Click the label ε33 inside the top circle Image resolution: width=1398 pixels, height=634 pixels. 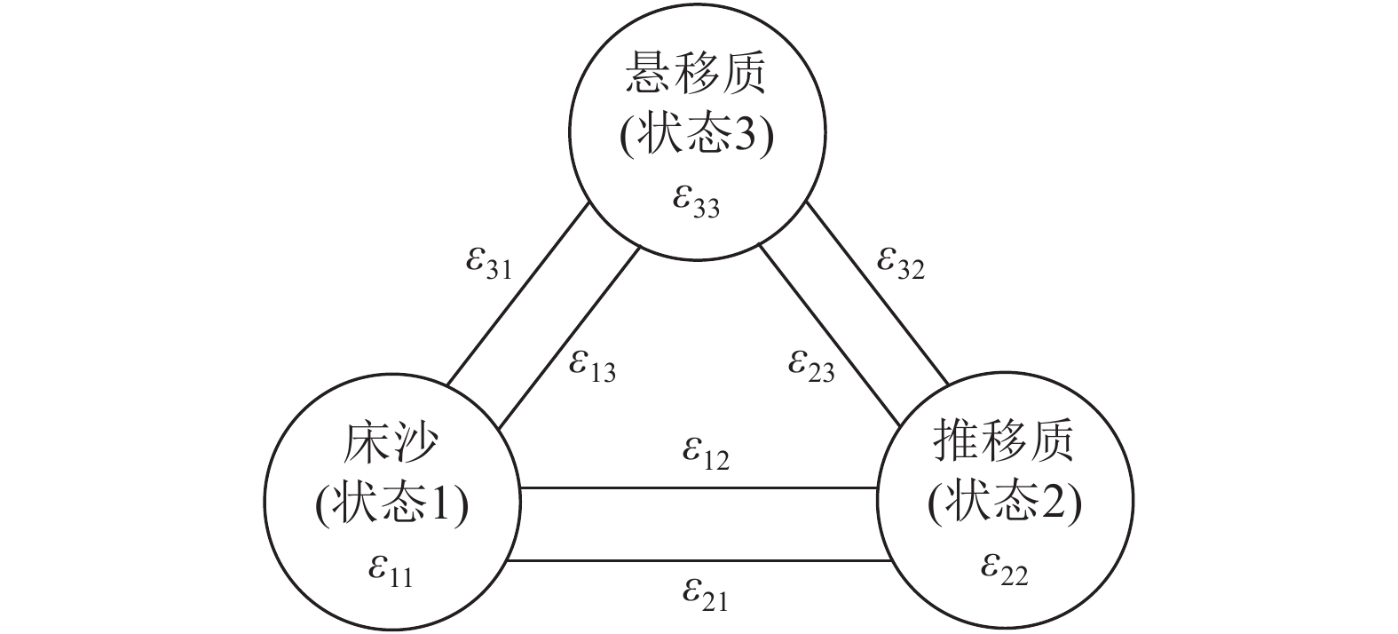[695, 202]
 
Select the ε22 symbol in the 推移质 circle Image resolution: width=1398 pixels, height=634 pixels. [1004, 568]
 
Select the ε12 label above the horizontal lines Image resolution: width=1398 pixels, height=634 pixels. [706, 453]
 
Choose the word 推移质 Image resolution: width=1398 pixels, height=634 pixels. [1004, 442]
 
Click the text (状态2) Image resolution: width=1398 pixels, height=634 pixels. [1004, 504]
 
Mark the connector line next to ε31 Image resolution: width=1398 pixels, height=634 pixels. [519, 296]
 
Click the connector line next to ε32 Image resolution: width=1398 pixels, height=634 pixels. [877, 293]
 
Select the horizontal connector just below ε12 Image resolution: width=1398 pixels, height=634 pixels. [699, 487]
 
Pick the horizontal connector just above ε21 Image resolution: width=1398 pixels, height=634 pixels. [699, 560]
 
